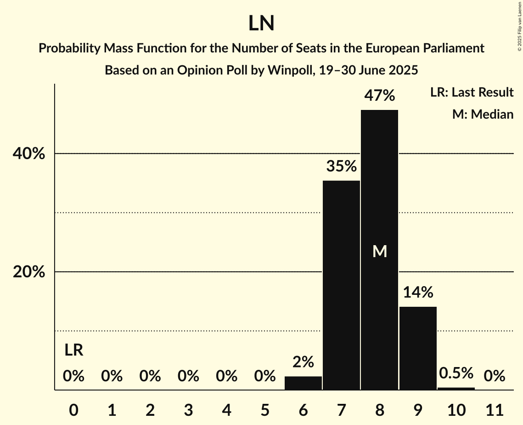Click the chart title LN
pos(261,23)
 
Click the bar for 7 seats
pos(341,285)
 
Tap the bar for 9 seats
pos(418,348)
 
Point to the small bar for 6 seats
pos(303,383)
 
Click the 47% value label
pos(379,96)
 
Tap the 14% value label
pos(418,292)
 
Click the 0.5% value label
pos(456,373)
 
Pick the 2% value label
pos(303,362)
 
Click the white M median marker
pos(380,251)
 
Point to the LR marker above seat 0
pos(73,350)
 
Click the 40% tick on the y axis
pos(29,154)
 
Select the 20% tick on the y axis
pos(29,272)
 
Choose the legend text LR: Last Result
pos(472,92)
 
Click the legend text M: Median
pos(483,114)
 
